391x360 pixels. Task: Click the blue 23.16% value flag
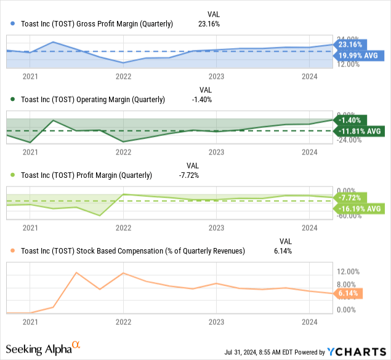[350, 44]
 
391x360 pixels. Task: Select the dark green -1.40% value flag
[350, 120]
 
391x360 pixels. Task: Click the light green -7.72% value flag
[350, 198]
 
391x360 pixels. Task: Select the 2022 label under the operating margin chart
[123, 151]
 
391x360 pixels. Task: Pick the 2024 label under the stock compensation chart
[310, 321]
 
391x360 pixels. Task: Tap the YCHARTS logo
[355, 352]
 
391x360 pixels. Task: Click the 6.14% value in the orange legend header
[283, 250]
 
